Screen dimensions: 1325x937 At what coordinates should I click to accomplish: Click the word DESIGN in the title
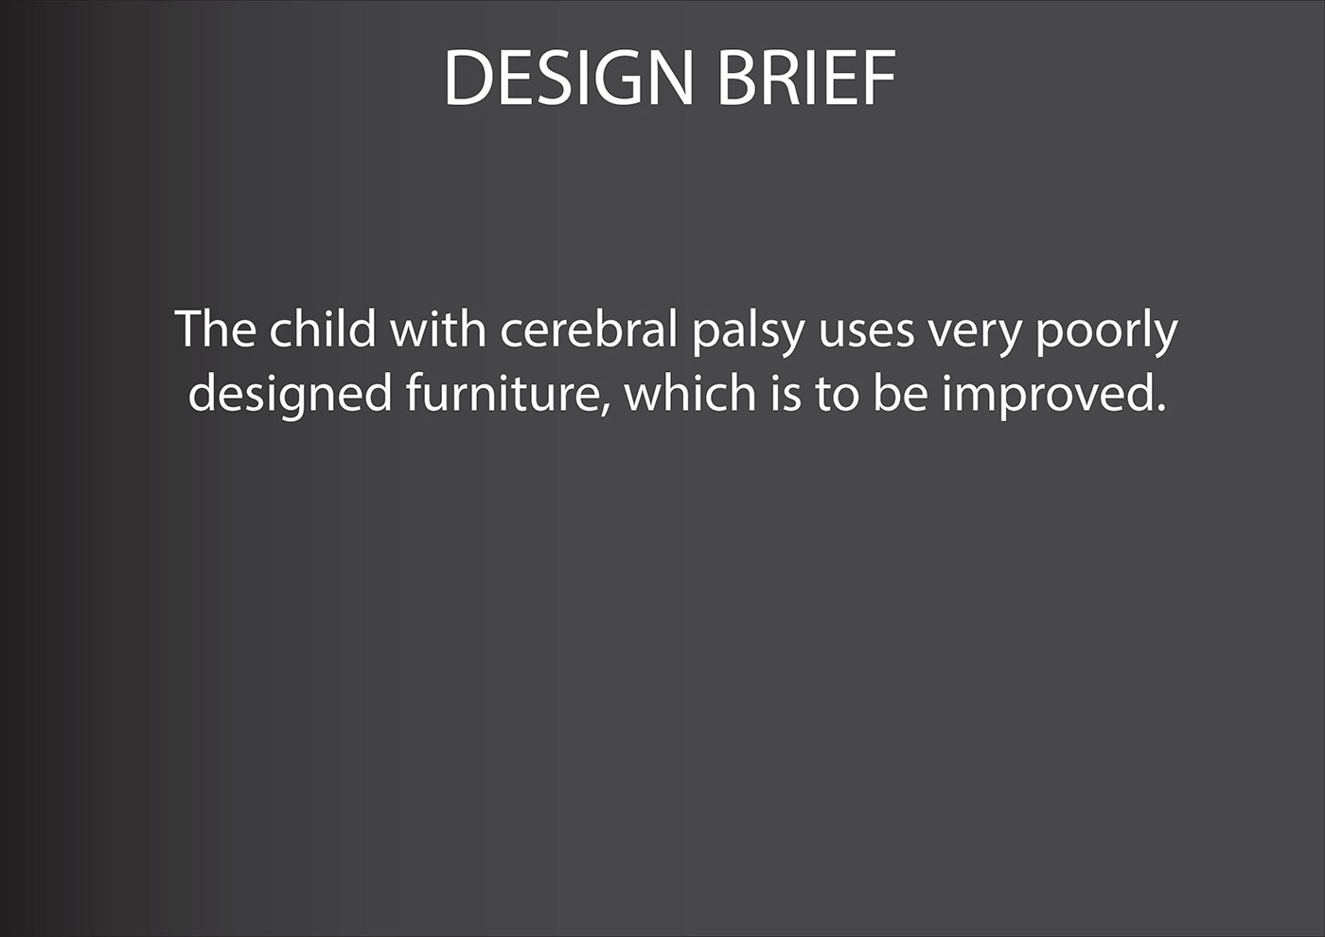tap(569, 78)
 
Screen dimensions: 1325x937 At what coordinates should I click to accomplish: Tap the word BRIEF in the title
tap(806, 78)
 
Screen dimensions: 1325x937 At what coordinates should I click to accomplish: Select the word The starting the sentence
tap(216, 328)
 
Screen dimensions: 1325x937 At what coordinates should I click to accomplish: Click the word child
tap(323, 328)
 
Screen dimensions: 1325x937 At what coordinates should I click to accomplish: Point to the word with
tap(437, 328)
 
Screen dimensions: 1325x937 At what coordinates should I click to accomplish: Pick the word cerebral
tap(589, 328)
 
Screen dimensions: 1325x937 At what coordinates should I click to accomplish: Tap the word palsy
tap(749, 333)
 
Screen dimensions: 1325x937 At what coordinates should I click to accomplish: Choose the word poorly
tap(1106, 333)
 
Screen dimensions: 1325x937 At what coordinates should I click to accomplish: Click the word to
tap(837, 396)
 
